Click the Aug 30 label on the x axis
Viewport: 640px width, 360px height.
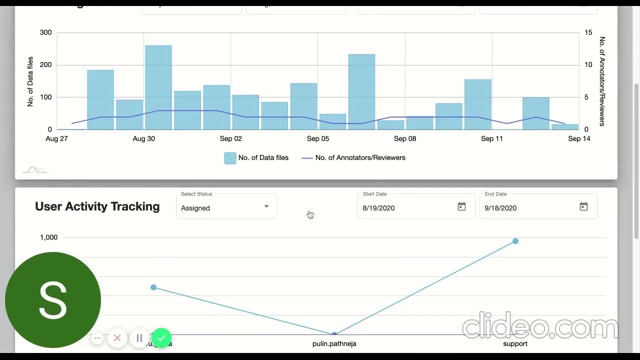[x=143, y=138]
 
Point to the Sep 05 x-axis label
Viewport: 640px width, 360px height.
[x=318, y=138]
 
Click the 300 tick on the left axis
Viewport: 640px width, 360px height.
[x=45, y=32]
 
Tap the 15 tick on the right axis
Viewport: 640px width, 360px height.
[x=588, y=32]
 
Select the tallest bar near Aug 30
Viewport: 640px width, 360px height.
[x=158, y=87]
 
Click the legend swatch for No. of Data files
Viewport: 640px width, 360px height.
[x=230, y=158]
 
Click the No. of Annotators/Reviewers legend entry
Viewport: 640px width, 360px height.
[x=360, y=158]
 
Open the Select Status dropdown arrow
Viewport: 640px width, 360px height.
[x=266, y=206]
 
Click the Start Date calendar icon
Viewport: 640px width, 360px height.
[x=461, y=207]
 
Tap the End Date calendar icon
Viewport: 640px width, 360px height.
[x=583, y=207]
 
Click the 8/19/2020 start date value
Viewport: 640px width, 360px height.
[x=378, y=208]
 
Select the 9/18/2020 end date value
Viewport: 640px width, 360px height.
[x=500, y=208]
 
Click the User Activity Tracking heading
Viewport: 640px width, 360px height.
[x=97, y=206]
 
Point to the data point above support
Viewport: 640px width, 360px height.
[x=515, y=241]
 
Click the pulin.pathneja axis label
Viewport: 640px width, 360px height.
[x=334, y=343]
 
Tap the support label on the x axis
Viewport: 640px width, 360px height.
[x=515, y=343]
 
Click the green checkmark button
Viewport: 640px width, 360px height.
[x=161, y=338]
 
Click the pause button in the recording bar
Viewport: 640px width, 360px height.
[x=139, y=338]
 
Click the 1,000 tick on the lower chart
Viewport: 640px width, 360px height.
[x=48, y=237]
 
